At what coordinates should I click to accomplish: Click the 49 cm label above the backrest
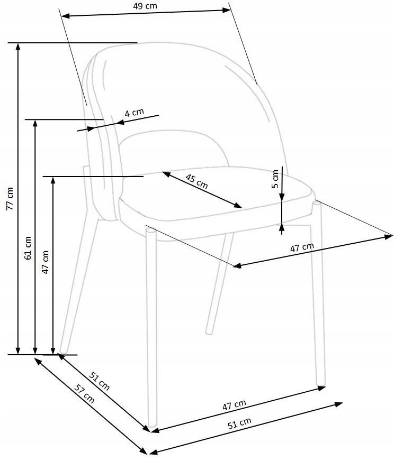145,6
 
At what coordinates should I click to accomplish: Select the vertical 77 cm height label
10,198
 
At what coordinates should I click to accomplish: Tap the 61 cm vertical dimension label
28,247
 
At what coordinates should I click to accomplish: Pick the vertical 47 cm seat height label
45,262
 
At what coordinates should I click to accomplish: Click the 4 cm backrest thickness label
135,112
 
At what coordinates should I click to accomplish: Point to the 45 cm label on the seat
196,181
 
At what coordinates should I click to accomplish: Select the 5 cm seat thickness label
275,179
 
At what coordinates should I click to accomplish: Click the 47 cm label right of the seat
302,247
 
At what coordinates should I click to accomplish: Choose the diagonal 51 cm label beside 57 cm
100,381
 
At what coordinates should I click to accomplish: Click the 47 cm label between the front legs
234,405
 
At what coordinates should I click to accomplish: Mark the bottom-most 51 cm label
240,423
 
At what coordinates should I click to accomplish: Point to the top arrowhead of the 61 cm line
35,123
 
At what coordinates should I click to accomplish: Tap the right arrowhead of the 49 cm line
227,10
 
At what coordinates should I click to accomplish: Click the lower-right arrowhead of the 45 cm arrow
238,205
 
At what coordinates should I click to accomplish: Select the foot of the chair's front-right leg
321,383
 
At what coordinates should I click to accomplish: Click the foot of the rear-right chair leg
209,332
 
